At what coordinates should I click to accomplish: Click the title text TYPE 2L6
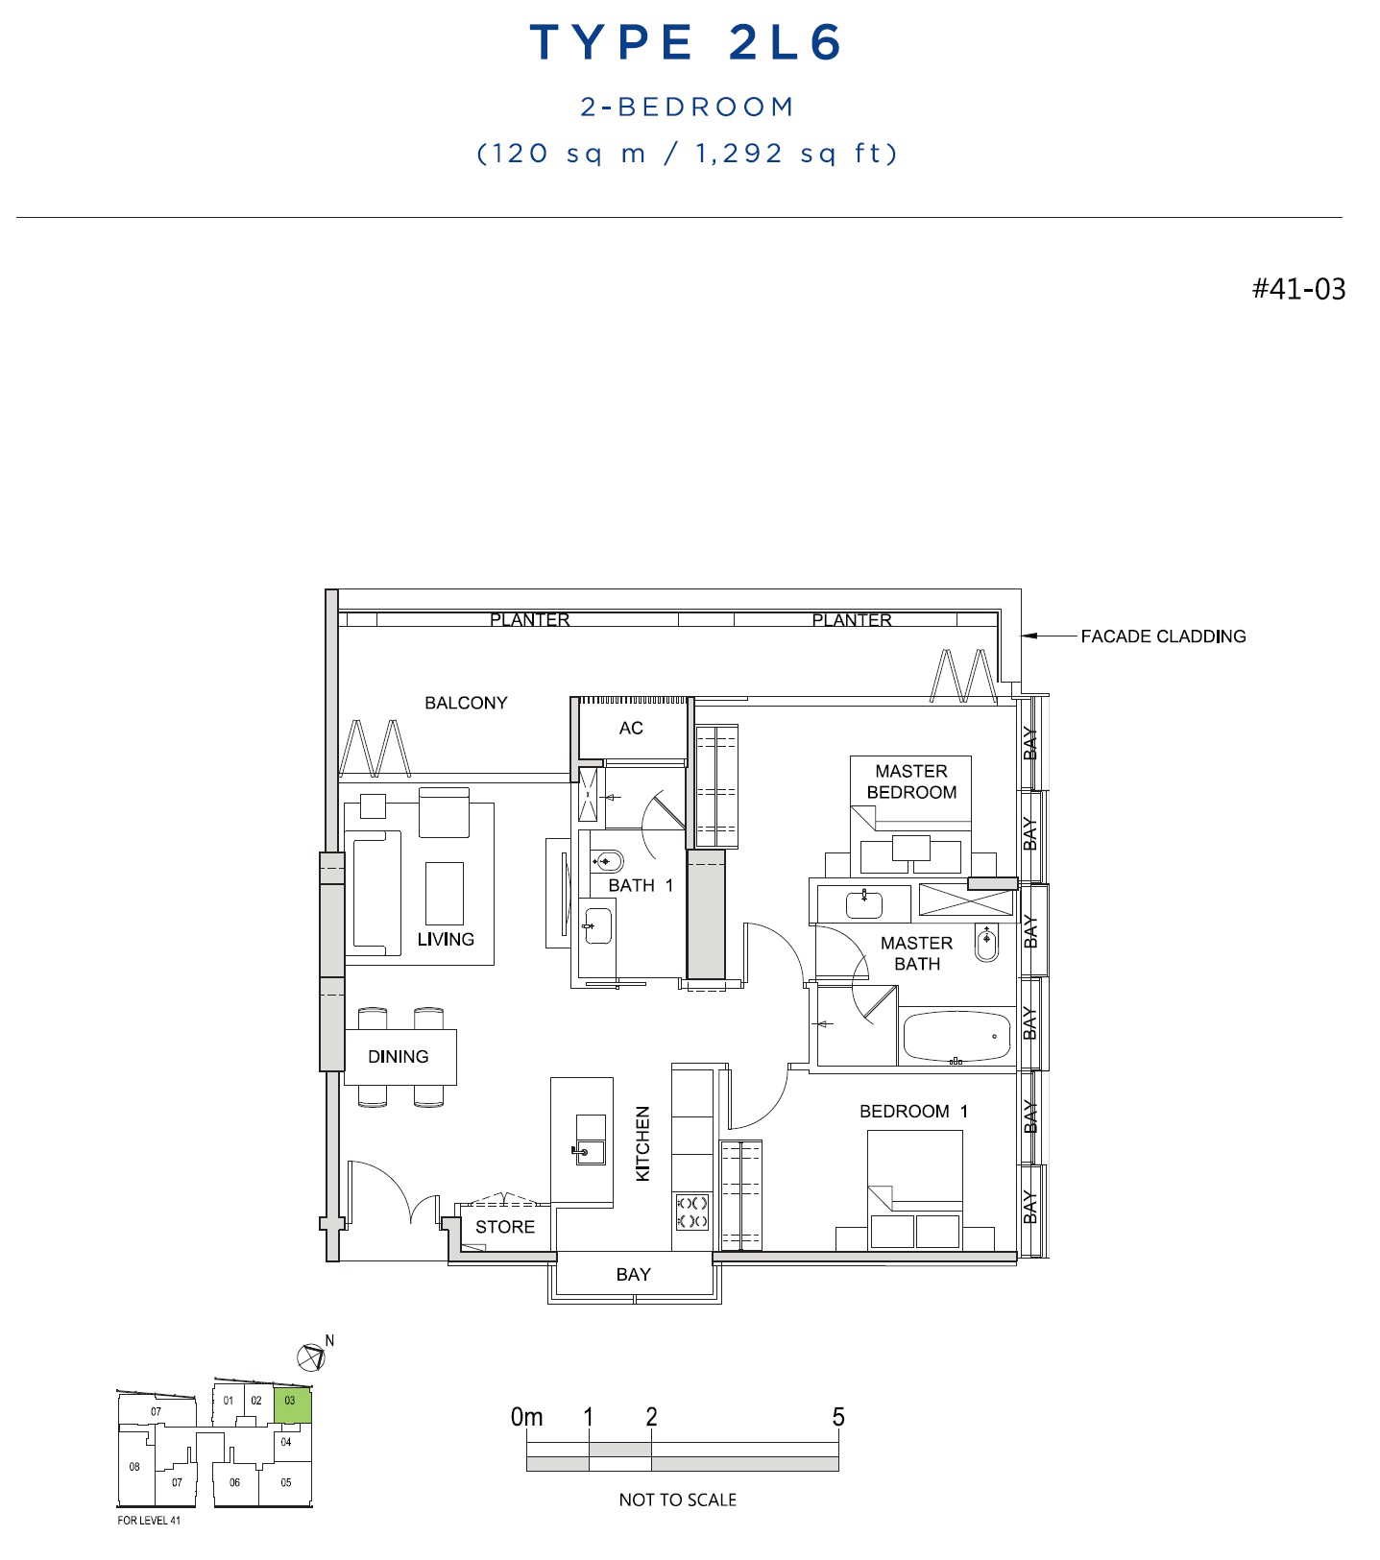click(x=686, y=42)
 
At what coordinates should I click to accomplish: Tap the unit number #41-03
click(x=1298, y=288)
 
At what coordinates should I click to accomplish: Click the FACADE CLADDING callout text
click(x=1163, y=636)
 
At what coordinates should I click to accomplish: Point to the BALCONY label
click(x=466, y=703)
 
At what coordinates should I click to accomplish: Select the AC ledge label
click(x=631, y=728)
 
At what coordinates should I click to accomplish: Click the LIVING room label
click(x=446, y=939)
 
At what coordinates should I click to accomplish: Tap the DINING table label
click(x=398, y=1056)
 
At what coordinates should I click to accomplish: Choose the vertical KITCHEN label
click(x=642, y=1143)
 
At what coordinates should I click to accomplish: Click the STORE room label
click(x=505, y=1227)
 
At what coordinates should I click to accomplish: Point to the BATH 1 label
click(x=641, y=885)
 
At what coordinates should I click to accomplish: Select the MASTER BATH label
click(x=917, y=953)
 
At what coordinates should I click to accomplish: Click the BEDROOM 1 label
click(x=913, y=1111)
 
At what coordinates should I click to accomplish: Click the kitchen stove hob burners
click(x=692, y=1212)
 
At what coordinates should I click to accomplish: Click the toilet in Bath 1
click(x=606, y=859)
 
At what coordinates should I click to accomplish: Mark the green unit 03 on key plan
click(x=292, y=1405)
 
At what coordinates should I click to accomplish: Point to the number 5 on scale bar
click(x=838, y=1417)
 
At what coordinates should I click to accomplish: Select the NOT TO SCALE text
click(x=678, y=1500)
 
